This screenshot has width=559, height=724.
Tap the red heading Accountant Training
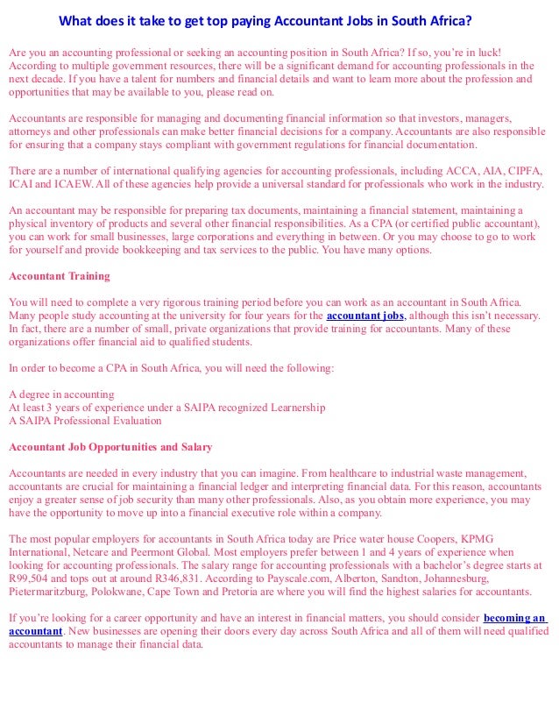tap(60, 276)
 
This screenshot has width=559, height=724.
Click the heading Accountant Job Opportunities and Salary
tap(110, 447)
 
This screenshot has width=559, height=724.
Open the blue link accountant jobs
tap(365, 316)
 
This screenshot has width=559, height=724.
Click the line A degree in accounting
tap(61, 394)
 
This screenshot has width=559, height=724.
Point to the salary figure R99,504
tap(32, 579)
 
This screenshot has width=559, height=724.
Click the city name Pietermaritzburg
tap(51, 593)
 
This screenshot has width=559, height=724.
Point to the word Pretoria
tap(261, 593)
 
